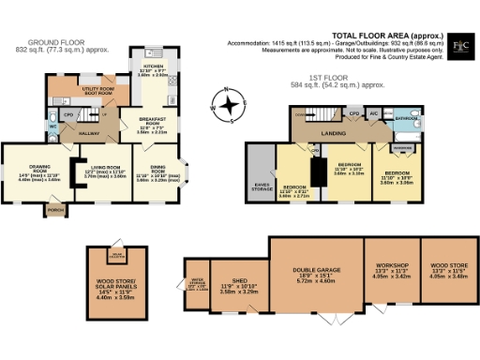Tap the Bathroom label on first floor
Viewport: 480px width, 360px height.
click(x=405, y=119)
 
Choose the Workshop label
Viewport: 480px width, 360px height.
click(x=391, y=270)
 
